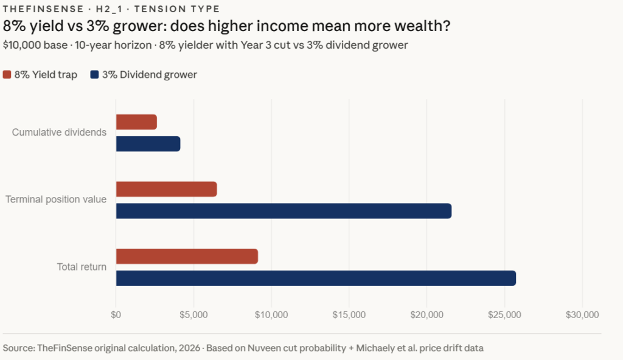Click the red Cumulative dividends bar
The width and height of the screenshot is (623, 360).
(136, 122)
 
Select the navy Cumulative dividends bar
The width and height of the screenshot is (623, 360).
(148, 144)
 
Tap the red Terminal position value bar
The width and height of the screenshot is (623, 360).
(166, 189)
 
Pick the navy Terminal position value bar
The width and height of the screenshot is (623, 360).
(284, 211)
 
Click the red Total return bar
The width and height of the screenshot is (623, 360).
(187, 256)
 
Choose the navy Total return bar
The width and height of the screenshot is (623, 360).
(316, 278)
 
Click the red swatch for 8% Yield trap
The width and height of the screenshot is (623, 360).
(7, 75)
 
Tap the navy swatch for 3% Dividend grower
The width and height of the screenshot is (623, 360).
(94, 75)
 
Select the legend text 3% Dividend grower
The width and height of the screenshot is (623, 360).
(149, 75)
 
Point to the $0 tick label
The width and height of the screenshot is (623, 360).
(116, 314)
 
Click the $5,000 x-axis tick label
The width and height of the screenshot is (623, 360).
(193, 314)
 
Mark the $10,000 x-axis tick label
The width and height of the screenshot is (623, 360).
(271, 314)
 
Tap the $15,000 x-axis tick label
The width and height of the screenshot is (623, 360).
(349, 314)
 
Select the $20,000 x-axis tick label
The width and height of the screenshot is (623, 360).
(427, 314)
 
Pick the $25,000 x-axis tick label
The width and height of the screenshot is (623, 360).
(505, 314)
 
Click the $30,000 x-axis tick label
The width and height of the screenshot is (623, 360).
(582, 314)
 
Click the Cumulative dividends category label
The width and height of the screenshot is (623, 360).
(59, 133)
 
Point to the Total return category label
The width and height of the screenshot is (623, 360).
(82, 266)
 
